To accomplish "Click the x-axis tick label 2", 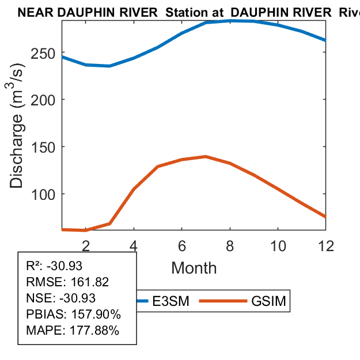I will click(86, 245).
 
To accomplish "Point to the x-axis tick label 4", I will click(134, 245).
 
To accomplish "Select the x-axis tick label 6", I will click(182, 245).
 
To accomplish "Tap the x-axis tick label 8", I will click(230, 245).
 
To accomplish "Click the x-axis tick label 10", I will click(278, 245).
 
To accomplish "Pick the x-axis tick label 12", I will click(325, 245).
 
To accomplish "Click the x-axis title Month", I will click(194, 268).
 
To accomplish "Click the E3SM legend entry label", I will click(168, 301).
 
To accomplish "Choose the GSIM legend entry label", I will click(268, 301).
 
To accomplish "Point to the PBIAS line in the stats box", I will click(74, 314).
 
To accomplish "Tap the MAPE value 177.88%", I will click(95, 331).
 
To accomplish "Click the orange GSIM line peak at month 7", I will click(206, 156).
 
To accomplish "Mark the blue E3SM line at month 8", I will click(230, 20).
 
